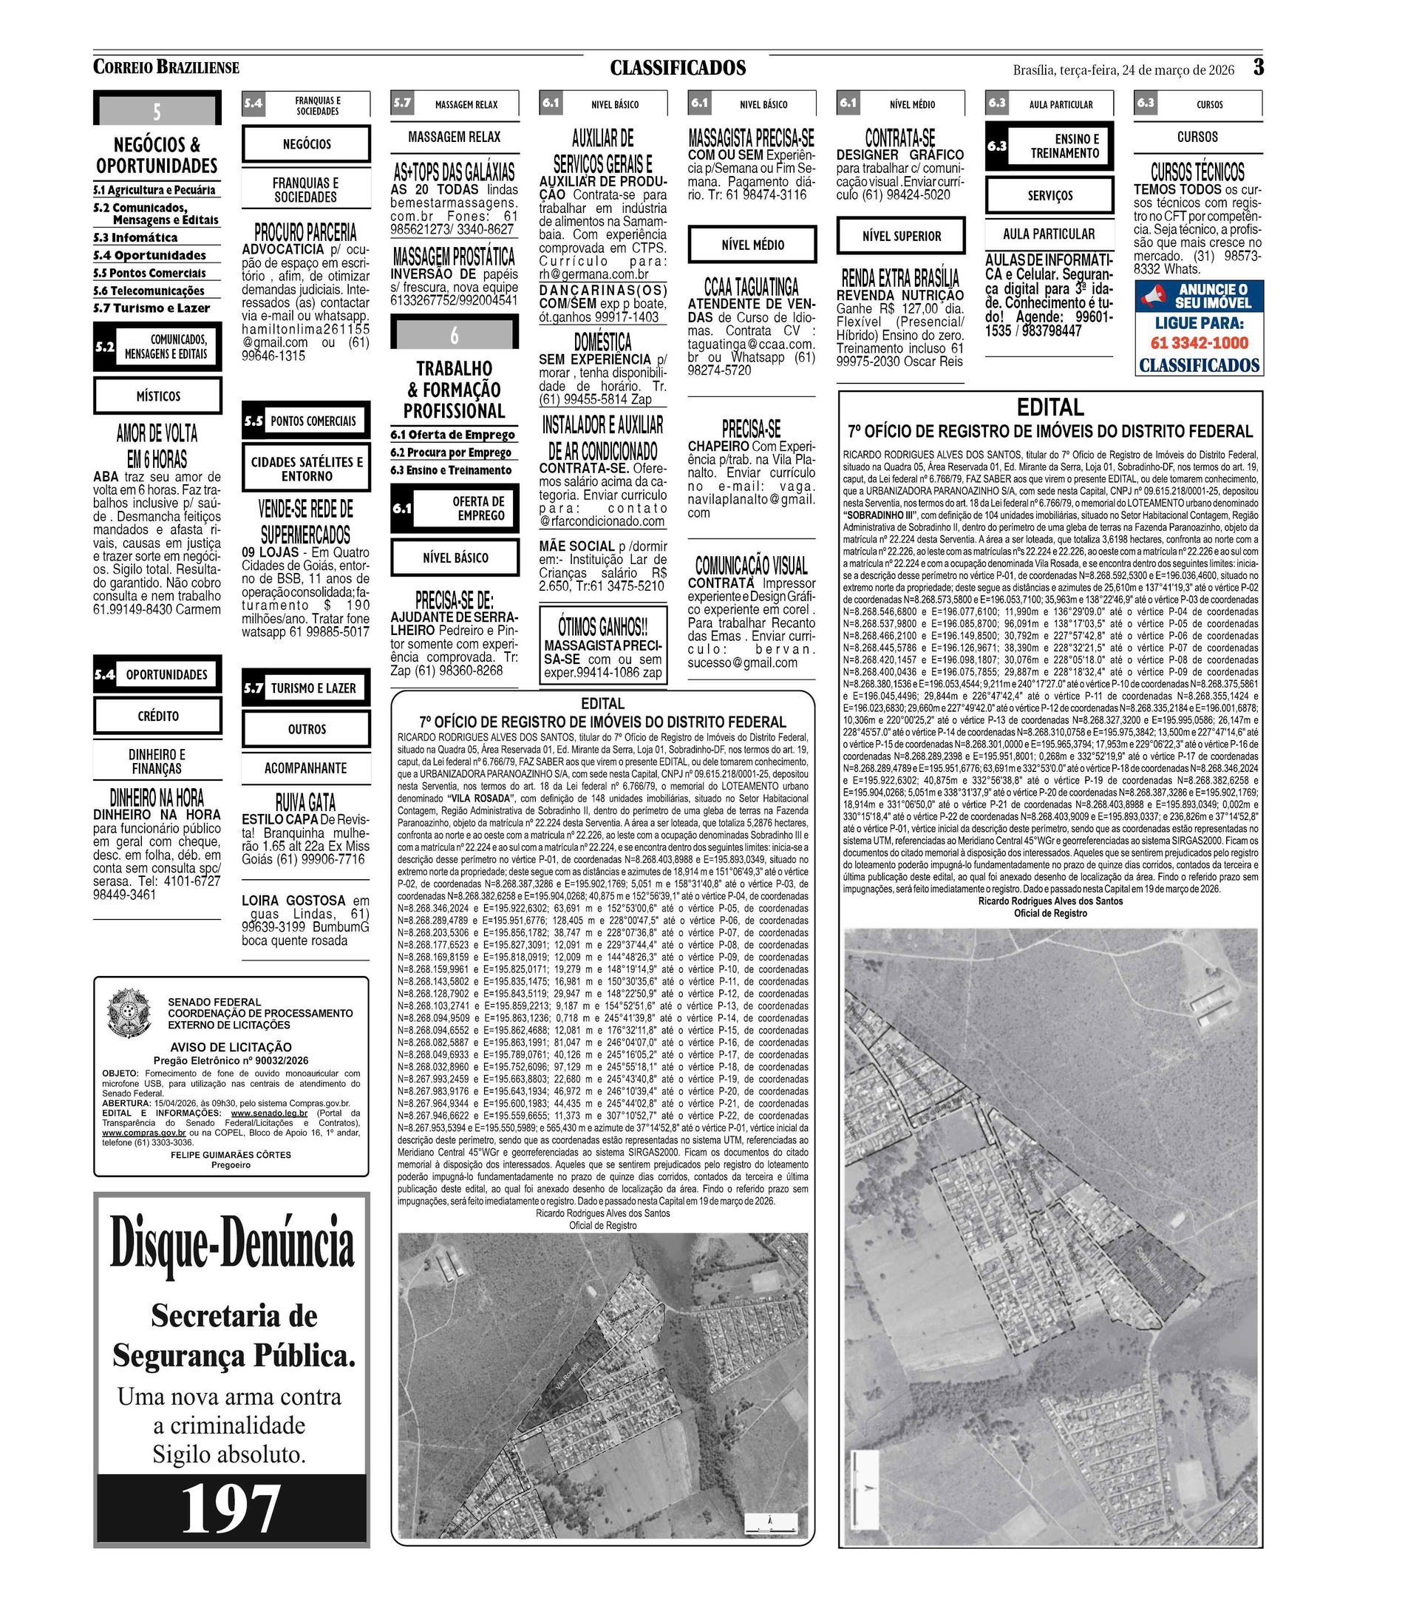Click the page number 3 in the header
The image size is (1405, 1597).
click(1257, 67)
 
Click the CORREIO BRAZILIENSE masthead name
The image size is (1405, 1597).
click(166, 67)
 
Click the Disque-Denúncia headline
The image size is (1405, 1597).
click(231, 1244)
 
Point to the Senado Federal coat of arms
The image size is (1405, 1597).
click(129, 1014)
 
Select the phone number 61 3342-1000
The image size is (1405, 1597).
click(1199, 343)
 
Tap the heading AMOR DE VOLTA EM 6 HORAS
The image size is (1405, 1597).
click(157, 446)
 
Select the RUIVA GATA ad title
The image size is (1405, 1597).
click(305, 802)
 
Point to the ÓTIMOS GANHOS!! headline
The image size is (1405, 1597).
click(602, 627)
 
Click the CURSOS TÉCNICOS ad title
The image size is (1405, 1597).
click(1197, 172)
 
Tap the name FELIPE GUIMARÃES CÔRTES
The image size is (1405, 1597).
click(231, 1155)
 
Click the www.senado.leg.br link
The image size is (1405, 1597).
click(269, 1113)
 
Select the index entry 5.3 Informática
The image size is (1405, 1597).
click(135, 237)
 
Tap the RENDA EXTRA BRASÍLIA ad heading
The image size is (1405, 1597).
click(899, 278)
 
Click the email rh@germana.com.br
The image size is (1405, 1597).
click(593, 274)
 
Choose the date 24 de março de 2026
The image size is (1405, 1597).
click(1178, 70)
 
